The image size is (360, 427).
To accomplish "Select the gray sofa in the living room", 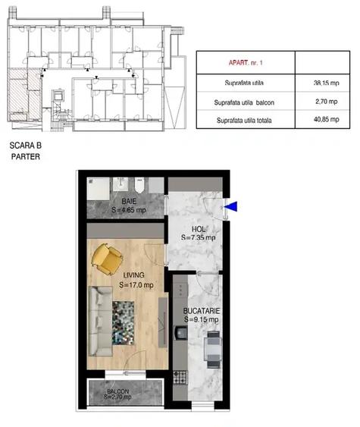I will point(99,322).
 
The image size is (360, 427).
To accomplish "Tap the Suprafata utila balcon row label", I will point(244,102).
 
